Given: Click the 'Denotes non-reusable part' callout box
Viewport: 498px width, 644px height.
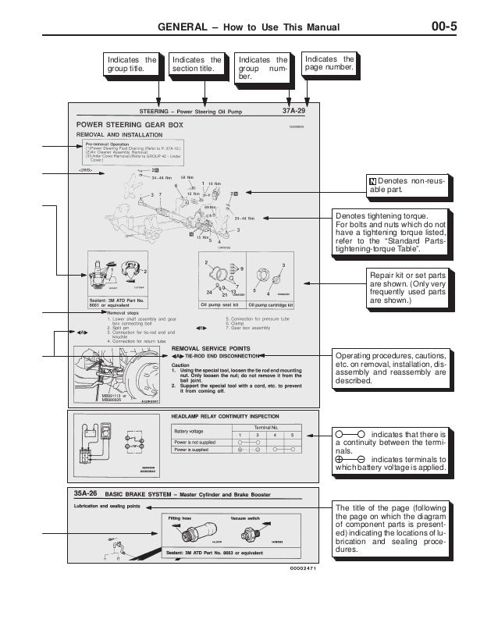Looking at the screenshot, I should pyautogui.click(x=406, y=185).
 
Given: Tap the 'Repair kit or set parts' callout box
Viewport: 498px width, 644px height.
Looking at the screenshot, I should pyautogui.click(x=407, y=286).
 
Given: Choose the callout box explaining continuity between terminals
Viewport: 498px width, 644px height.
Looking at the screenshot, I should pyautogui.click(x=390, y=451).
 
